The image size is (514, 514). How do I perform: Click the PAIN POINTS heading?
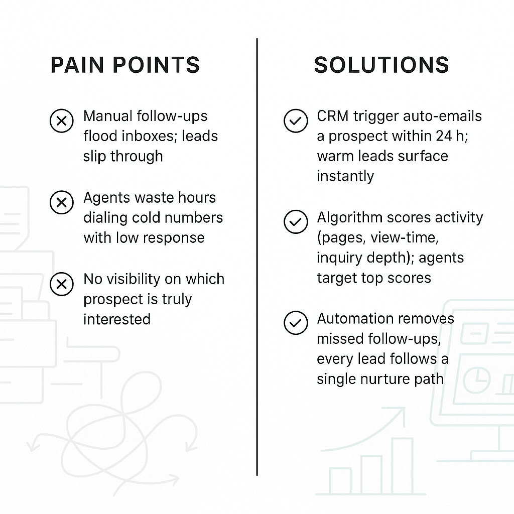pos(125,66)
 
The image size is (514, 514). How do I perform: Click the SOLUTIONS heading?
pos(381,66)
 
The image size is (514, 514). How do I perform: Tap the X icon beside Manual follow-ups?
pos(61,121)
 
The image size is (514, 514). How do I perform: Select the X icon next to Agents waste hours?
pos(61,203)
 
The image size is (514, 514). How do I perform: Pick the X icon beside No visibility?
pos(61,284)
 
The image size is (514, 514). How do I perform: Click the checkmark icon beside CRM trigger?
pos(296,121)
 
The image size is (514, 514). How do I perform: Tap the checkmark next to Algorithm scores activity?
pos(296,222)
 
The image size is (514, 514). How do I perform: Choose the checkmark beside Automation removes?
pos(296,324)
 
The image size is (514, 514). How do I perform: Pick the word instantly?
pos(345,177)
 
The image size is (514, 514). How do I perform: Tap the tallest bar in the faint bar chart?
pos(402,467)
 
